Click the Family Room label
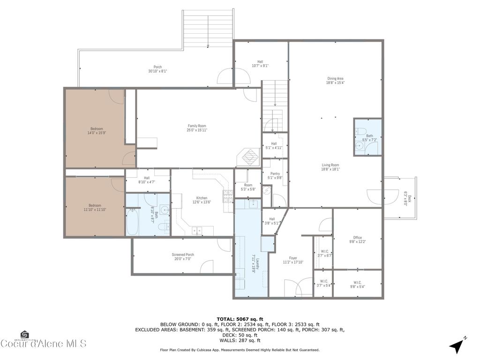[197, 128]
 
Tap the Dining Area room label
[336, 81]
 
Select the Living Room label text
[330, 167]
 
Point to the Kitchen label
[202, 200]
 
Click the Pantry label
[275, 176]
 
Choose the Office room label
[357, 240]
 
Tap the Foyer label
[293, 260]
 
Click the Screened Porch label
[182, 257]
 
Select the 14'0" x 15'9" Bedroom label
[97, 131]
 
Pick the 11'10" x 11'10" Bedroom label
[95, 207]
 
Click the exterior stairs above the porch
[208, 28]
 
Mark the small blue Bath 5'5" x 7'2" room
[368, 137]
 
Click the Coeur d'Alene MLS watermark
[43, 343]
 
